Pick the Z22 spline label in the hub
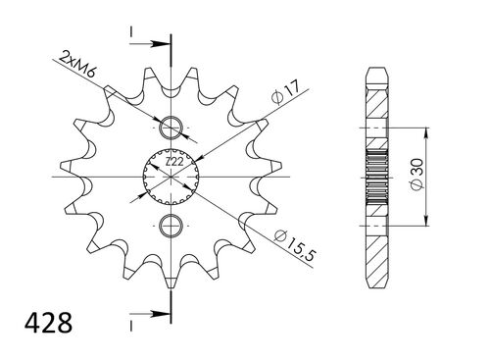(x=172, y=161)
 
